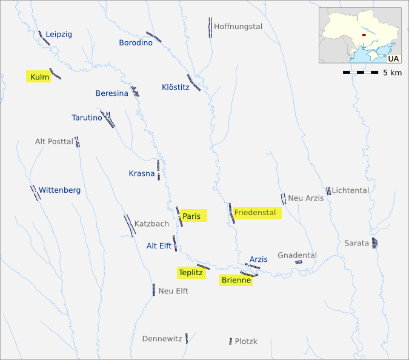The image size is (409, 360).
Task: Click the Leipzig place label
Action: (x=59, y=34)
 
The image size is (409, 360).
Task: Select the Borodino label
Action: (x=135, y=42)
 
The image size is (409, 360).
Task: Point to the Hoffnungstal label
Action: (x=238, y=27)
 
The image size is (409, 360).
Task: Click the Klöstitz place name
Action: (x=176, y=87)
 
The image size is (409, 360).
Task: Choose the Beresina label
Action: (x=112, y=93)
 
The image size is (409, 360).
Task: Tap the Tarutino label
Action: (x=87, y=118)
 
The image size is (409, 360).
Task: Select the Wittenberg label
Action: (x=59, y=190)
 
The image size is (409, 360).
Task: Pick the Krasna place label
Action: (x=142, y=174)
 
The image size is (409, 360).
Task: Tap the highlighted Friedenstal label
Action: (x=255, y=213)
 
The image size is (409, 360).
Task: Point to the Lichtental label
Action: (x=350, y=190)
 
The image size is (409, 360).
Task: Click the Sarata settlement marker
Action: (x=375, y=243)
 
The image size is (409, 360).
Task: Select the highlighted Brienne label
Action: (x=236, y=280)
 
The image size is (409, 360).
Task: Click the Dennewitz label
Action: (x=162, y=339)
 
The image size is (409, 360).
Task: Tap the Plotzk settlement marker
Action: (x=231, y=342)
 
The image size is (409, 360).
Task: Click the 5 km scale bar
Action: (x=361, y=73)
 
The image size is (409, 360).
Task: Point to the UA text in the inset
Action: (x=393, y=59)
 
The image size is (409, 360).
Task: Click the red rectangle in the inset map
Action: (x=363, y=35)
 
